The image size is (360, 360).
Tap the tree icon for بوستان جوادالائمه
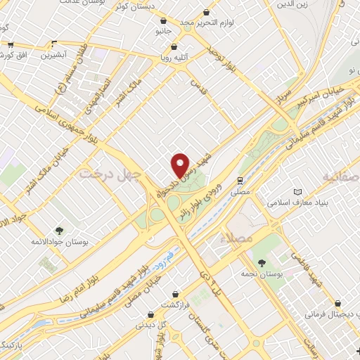pos(58,229)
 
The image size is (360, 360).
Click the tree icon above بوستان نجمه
pos(262,263)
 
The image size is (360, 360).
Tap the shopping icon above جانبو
pos(163,21)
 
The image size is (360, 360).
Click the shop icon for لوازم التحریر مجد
pos(206,12)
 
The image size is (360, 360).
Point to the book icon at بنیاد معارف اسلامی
pos(297,192)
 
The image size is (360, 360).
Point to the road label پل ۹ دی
pos(203,266)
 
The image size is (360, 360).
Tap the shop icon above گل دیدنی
pos(149,314)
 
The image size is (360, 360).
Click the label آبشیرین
pos(52,54)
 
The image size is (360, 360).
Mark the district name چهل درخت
pos(110,172)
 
